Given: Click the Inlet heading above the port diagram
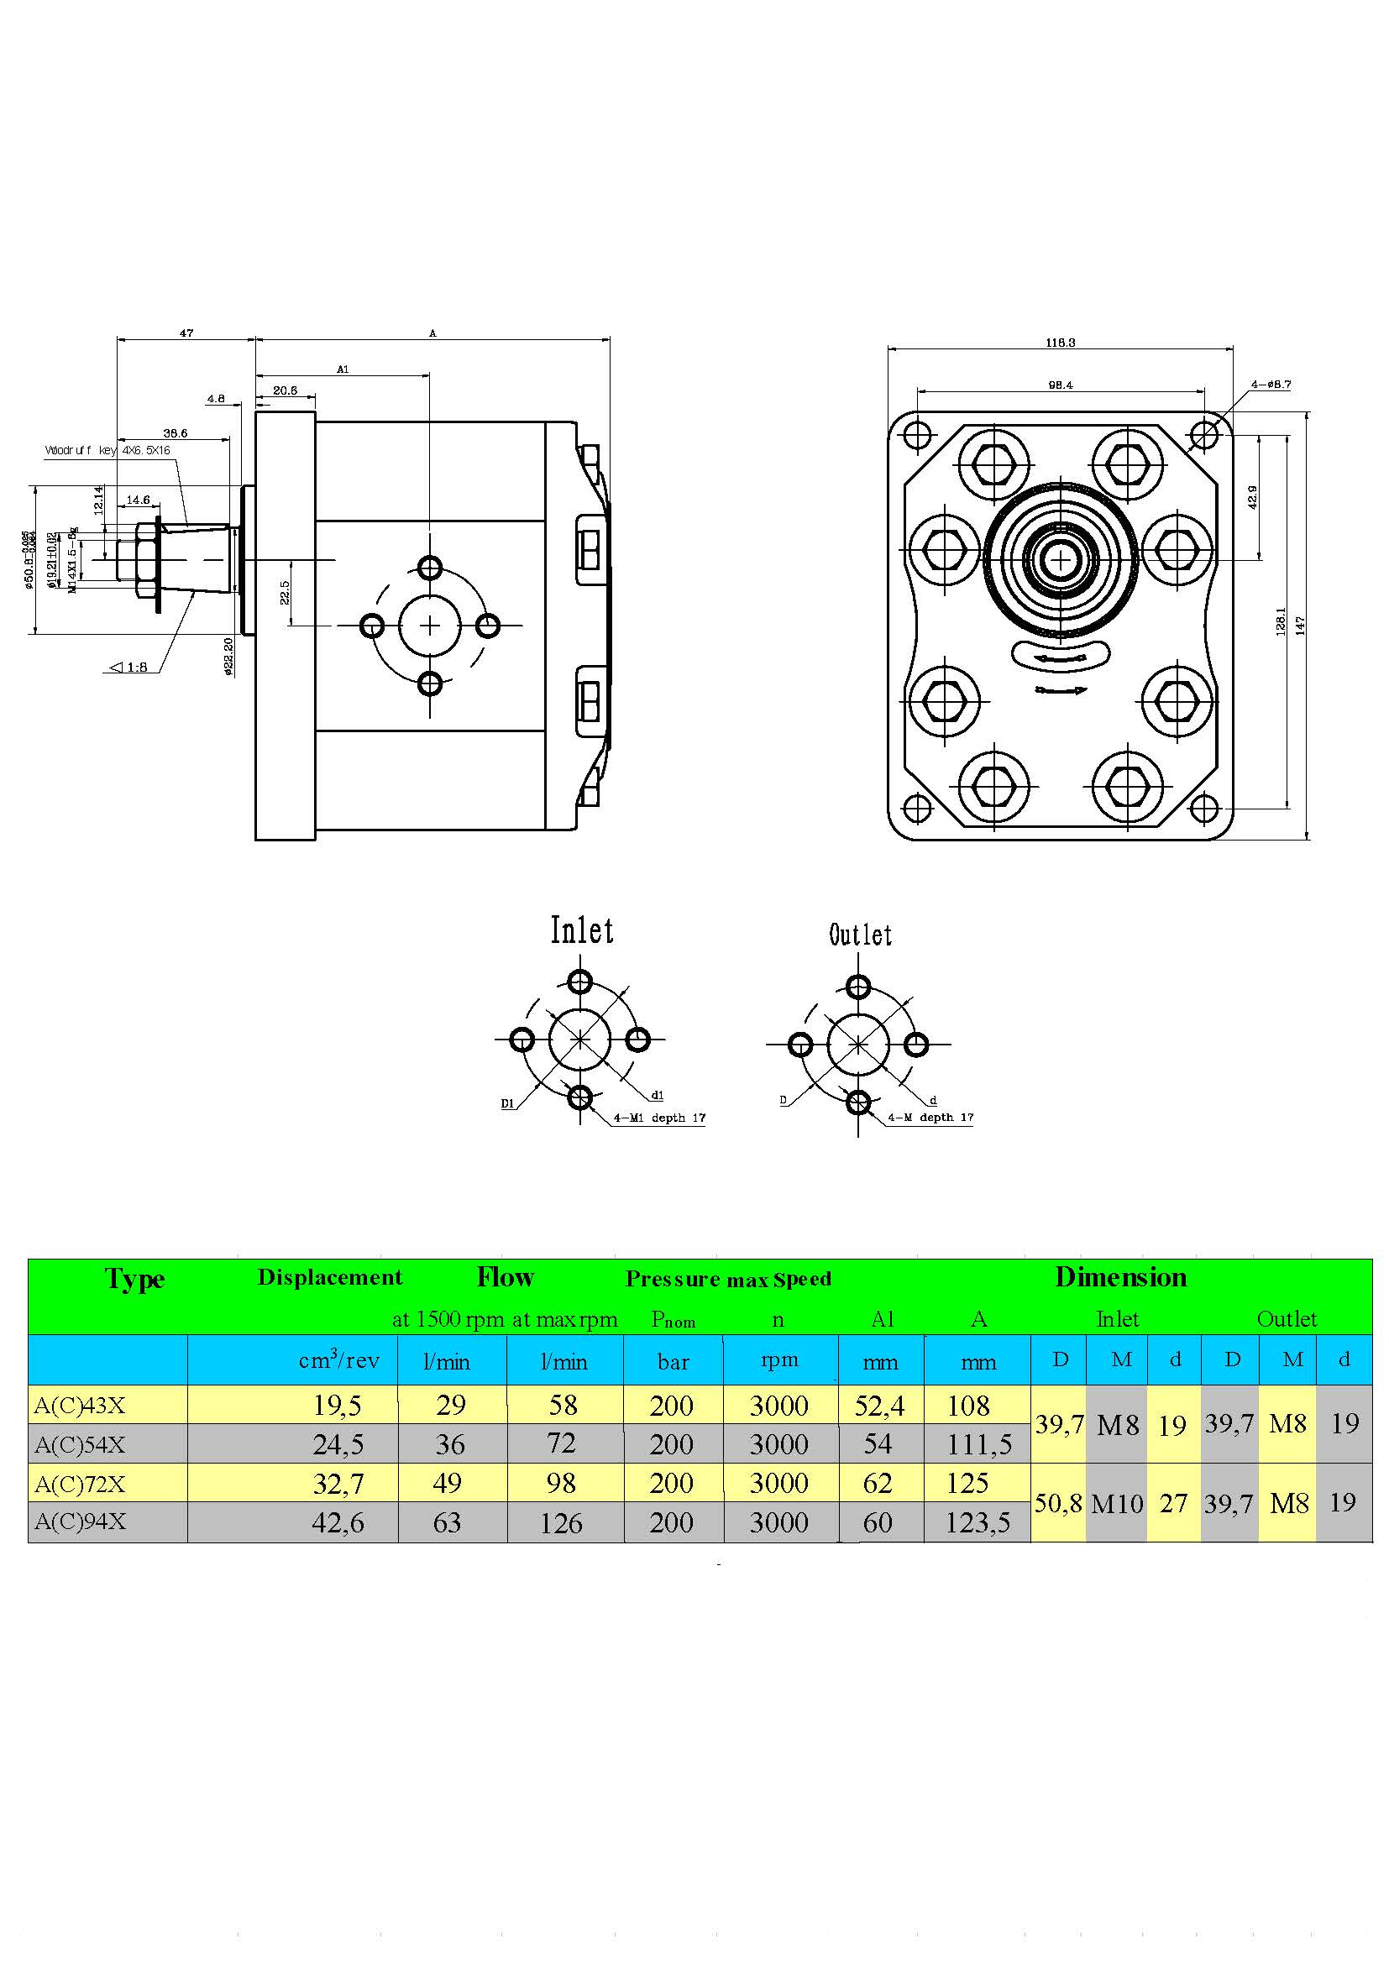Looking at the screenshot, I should pyautogui.click(x=582, y=930).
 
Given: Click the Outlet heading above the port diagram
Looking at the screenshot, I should pyautogui.click(x=860, y=935).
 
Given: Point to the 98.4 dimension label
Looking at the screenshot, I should pyautogui.click(x=1060, y=385).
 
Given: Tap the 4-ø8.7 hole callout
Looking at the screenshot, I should pyautogui.click(x=1270, y=384).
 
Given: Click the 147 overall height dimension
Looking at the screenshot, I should pyautogui.click(x=1300, y=626).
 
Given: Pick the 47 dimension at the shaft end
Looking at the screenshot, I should pyautogui.click(x=186, y=333).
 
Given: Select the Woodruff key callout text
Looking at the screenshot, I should pyautogui.click(x=107, y=450).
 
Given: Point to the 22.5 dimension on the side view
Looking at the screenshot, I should pyautogui.click(x=285, y=592).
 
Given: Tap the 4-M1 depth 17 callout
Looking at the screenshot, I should pyautogui.click(x=659, y=1118).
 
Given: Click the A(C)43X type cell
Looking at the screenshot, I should pyautogui.click(x=81, y=1406).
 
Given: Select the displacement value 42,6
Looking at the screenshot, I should pyautogui.click(x=338, y=1522).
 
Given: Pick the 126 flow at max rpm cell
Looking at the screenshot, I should pyautogui.click(x=561, y=1522).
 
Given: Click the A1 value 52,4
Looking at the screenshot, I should pyautogui.click(x=878, y=1406).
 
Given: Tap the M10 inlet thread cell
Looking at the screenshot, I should pyautogui.click(x=1118, y=1503).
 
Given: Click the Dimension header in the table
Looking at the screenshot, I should pyautogui.click(x=1120, y=1277).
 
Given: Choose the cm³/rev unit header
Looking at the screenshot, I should pyautogui.click(x=338, y=1361).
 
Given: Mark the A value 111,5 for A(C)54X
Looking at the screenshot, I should pyautogui.click(x=978, y=1445).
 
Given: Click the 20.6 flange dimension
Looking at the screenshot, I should pyautogui.click(x=285, y=390).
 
